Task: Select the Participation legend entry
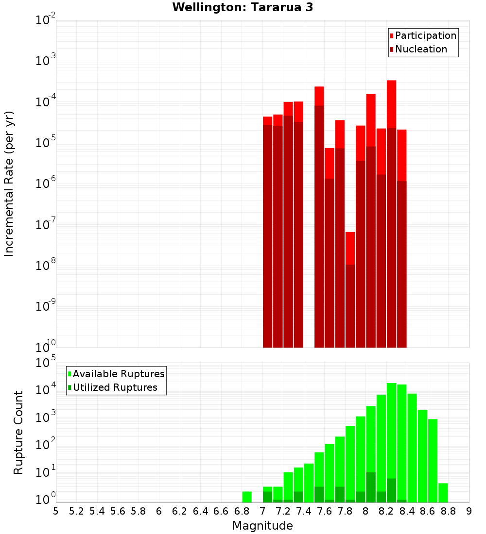tap(425, 35)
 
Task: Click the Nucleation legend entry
tap(420, 49)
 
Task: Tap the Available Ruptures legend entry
tap(118, 374)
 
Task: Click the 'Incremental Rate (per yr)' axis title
tap(9, 184)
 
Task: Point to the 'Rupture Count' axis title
tap(18, 433)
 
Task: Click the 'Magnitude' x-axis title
tap(262, 526)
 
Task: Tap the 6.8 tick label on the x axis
tap(242, 511)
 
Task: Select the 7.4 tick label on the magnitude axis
tap(304, 511)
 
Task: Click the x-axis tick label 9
tap(469, 511)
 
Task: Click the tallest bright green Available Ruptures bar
tap(392, 442)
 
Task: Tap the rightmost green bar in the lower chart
tap(443, 493)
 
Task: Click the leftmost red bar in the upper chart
tap(268, 233)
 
